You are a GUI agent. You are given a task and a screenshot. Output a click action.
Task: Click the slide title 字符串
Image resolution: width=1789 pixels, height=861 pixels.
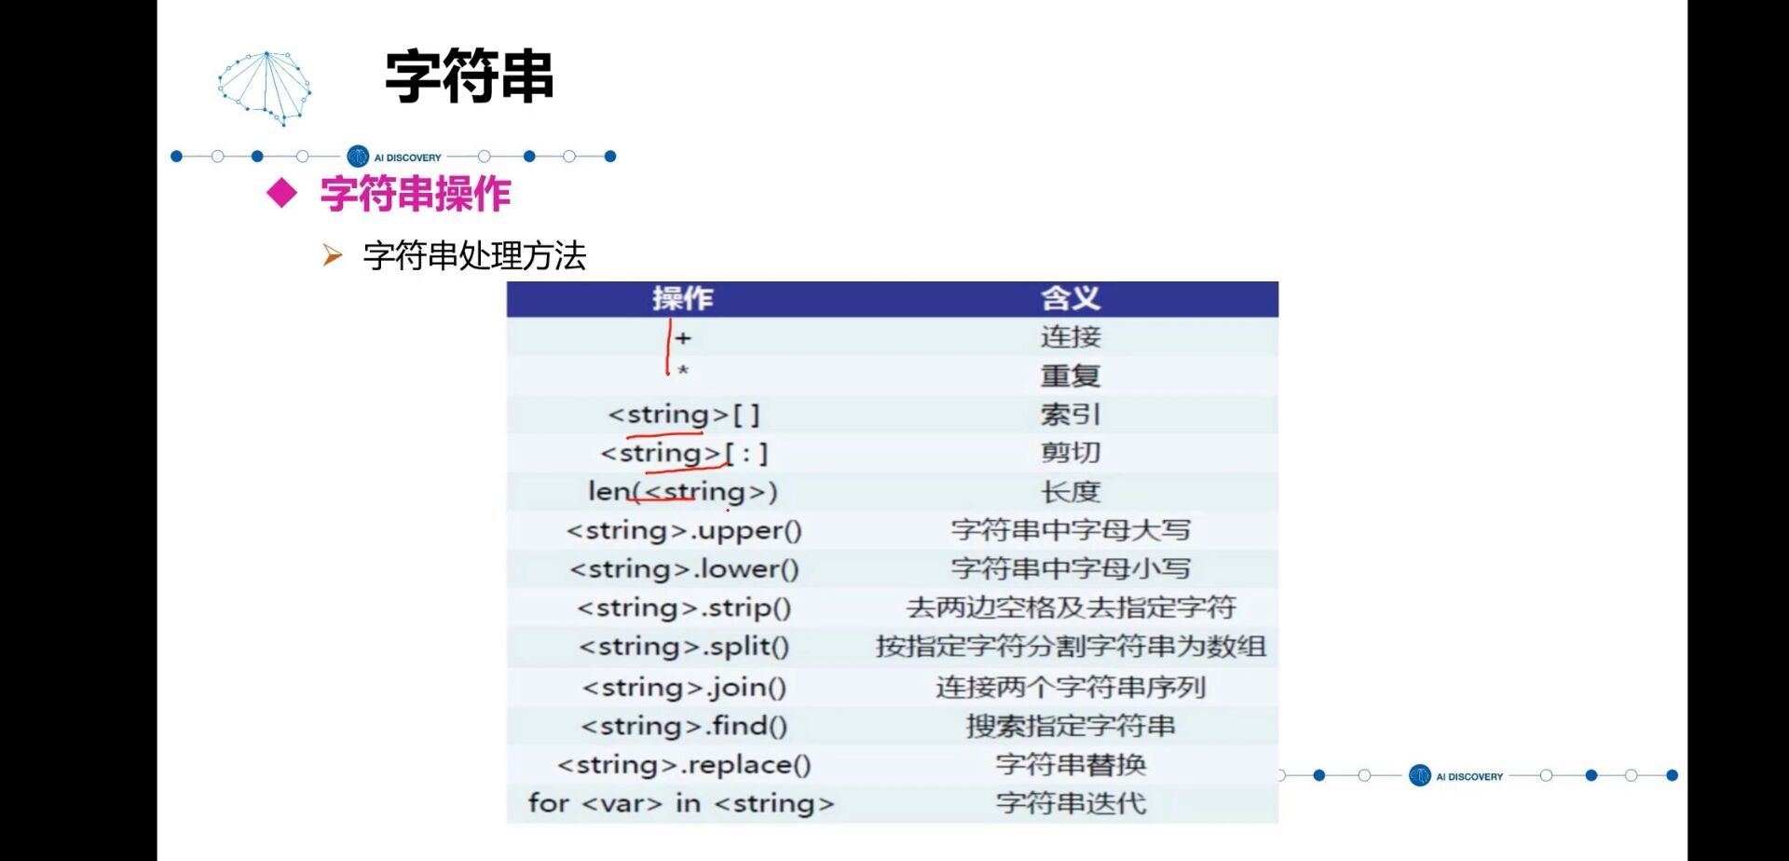coord(470,76)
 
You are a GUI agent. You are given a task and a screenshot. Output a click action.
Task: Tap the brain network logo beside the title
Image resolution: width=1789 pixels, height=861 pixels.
coord(266,89)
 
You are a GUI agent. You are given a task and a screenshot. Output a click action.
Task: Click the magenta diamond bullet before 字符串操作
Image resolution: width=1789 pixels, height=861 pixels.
coord(281,194)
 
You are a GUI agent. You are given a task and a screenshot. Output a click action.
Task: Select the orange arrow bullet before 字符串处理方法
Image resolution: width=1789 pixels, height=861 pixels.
coord(332,255)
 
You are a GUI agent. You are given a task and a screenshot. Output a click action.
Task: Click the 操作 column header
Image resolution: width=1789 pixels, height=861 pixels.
coord(683,298)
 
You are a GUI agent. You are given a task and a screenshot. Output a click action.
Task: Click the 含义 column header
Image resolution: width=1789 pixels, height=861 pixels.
coord(1071,298)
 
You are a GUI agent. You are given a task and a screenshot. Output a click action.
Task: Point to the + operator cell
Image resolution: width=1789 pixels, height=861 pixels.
coord(683,338)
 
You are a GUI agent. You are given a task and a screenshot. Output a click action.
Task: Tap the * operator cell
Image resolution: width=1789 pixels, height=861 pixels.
coord(683,372)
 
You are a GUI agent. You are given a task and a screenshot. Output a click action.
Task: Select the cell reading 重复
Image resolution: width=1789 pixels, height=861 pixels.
coord(1071,376)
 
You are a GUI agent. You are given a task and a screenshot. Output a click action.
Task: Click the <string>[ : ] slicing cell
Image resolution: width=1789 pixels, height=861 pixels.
coord(685,454)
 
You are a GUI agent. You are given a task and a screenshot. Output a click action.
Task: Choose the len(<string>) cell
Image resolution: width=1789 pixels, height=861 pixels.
coord(683,492)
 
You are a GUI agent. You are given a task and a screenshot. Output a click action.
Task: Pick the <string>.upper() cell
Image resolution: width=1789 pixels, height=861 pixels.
coord(684,531)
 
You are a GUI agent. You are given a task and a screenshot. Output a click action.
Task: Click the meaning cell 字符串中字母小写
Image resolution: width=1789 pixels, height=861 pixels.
coord(1071,569)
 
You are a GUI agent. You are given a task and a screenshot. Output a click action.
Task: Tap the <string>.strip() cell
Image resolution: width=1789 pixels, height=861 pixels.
coord(684,608)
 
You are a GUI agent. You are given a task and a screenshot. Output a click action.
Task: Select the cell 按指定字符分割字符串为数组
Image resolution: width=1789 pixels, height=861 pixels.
coord(1071,647)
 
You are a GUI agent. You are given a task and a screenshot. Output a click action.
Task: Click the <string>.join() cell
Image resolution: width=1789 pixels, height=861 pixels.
coord(684,688)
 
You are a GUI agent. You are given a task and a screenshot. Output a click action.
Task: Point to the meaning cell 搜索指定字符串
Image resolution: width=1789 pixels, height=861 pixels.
coord(1071,726)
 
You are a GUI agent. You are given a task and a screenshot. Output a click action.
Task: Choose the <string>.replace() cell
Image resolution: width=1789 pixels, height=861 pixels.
coord(684,765)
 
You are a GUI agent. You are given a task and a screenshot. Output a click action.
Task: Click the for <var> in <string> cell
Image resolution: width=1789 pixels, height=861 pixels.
coord(681,803)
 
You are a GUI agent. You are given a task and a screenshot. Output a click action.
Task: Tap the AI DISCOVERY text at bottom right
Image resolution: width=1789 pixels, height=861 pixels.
coord(1469,776)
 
